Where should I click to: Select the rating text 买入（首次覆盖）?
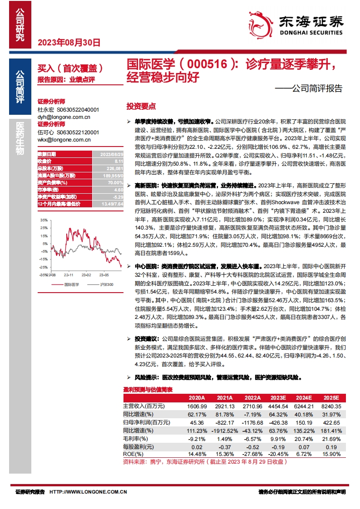[70, 68]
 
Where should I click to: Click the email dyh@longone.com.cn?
[64, 117]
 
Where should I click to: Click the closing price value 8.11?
[118, 161]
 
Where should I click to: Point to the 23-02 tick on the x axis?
[86, 274]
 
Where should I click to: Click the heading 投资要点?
[141, 107]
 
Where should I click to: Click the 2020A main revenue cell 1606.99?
[197, 406]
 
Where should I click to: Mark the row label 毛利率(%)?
[136, 439]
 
